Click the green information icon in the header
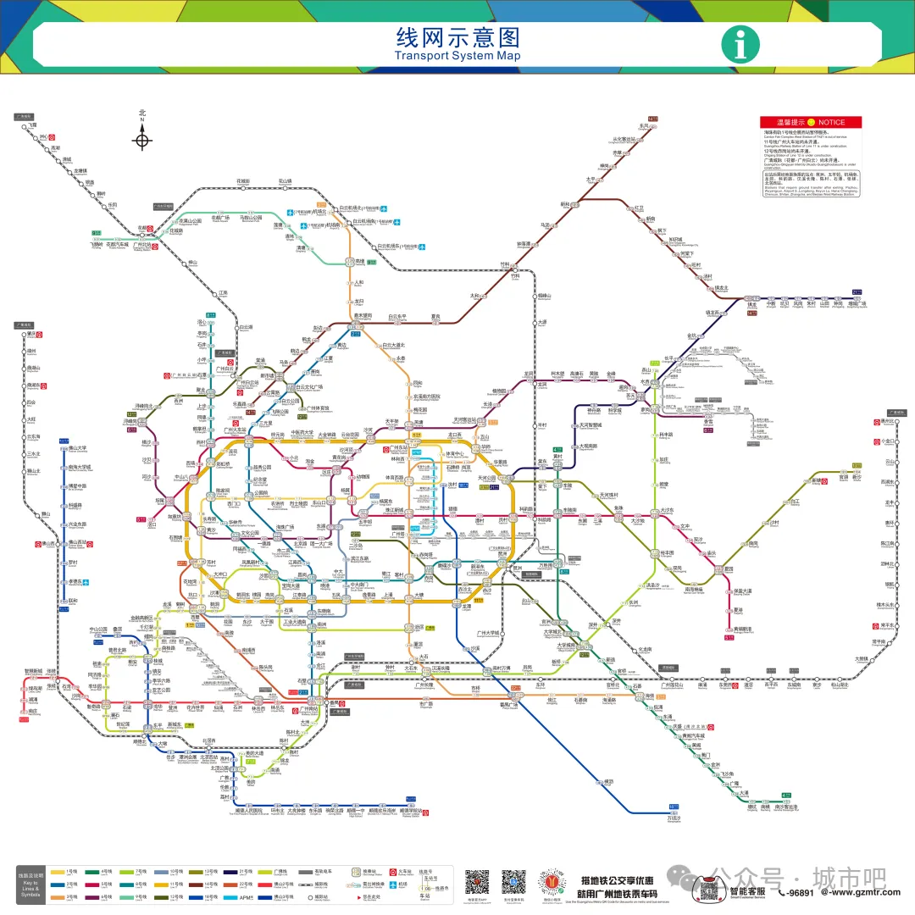pos(740,45)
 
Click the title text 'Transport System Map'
pos(457,56)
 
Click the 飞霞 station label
pos(32,125)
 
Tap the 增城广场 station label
pos(857,302)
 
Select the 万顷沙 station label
pos(674,818)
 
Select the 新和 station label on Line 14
pos(565,204)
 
